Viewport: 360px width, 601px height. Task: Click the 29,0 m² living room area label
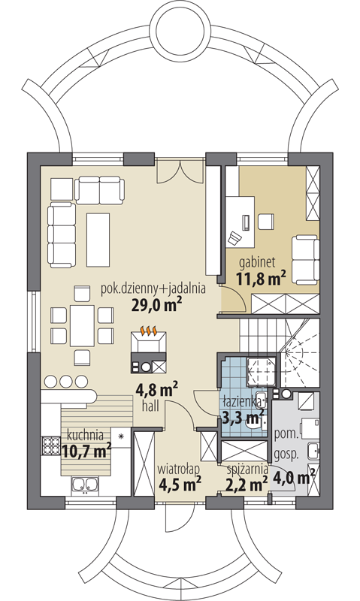[x=156, y=305]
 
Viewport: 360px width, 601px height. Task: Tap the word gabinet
[x=257, y=262]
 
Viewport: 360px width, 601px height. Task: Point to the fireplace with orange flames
[x=148, y=342]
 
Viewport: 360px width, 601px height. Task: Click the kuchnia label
[x=85, y=435]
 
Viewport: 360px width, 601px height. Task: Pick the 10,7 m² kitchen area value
[x=86, y=450]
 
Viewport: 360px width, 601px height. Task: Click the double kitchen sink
[x=84, y=484]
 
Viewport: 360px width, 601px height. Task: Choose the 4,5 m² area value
[x=180, y=484]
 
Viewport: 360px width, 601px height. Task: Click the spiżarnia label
[x=247, y=468]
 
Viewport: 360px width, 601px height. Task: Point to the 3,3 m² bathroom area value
[x=243, y=418]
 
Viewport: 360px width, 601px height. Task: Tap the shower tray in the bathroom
[x=261, y=372]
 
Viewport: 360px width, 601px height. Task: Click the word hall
[x=150, y=406]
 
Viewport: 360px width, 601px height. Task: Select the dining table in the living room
[x=82, y=325]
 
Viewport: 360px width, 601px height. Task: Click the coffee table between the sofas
[x=98, y=240]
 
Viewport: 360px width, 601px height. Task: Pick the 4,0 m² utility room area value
[x=294, y=478]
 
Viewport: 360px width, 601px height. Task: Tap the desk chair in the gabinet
[x=234, y=238]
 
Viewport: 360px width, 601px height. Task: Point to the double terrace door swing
[x=180, y=171]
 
